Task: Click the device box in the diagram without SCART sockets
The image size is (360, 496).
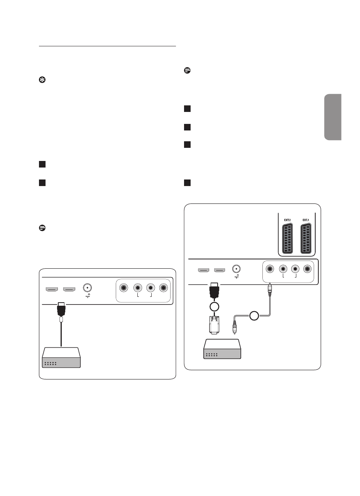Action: tap(61, 357)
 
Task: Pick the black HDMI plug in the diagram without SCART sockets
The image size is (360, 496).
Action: tap(61, 309)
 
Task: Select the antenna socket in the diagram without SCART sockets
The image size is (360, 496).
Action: tap(88, 288)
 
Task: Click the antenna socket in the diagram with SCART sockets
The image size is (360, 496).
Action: tap(236, 268)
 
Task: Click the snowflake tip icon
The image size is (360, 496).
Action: tap(42, 79)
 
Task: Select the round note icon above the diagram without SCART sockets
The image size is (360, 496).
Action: tap(42, 228)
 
